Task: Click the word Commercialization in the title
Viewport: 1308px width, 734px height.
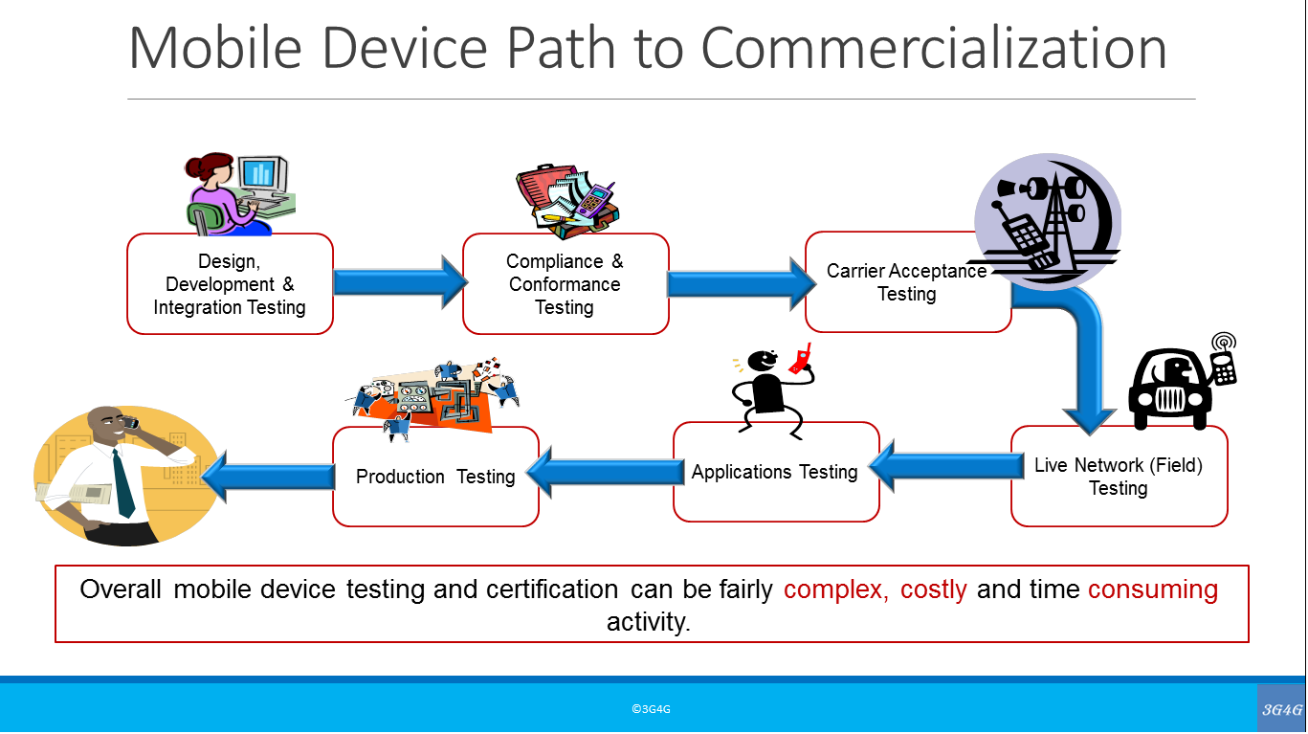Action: pos(934,49)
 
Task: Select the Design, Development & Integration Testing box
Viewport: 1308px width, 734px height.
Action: pos(230,284)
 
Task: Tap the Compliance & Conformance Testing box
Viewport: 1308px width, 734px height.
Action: pos(565,284)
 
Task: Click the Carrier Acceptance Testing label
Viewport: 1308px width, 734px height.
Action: pos(906,282)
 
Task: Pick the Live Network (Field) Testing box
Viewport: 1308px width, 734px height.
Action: pos(1119,476)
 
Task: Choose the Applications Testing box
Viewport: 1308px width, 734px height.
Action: pos(776,472)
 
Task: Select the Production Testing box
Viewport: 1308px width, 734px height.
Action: pos(435,477)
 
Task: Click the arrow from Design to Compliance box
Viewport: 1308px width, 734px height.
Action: pos(400,282)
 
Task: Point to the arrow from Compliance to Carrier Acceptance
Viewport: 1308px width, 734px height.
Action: pos(742,284)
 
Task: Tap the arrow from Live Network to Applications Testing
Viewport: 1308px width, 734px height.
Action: pos(946,466)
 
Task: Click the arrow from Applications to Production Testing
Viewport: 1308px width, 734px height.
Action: pos(606,473)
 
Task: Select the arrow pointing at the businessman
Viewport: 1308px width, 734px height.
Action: pos(269,477)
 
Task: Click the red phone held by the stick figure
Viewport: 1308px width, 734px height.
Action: pos(801,359)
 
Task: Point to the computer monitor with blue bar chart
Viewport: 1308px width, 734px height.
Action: pos(263,174)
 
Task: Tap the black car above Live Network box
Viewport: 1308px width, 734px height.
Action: pos(1169,389)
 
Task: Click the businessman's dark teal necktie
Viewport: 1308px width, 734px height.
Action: pos(123,483)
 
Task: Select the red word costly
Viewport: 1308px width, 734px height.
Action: pos(933,589)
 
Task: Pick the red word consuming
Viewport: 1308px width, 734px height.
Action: pos(1153,589)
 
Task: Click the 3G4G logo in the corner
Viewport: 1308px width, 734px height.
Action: pos(1281,709)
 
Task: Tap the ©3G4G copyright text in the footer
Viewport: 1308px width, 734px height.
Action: pos(651,709)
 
